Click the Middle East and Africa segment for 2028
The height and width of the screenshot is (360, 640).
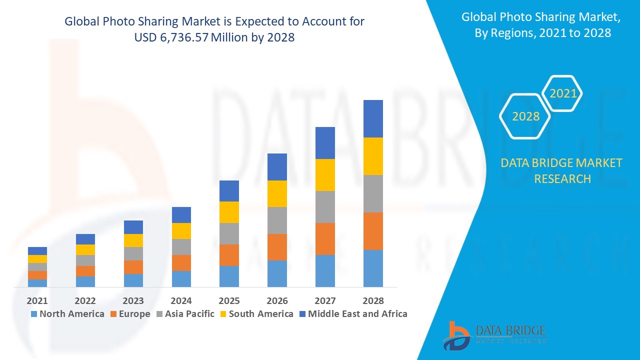pyautogui.click(x=373, y=118)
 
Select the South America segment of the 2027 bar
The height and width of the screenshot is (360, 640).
pyautogui.click(x=325, y=175)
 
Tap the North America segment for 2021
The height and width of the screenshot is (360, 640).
pyautogui.click(x=37, y=283)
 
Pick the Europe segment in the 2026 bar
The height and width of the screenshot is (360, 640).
pyautogui.click(x=277, y=247)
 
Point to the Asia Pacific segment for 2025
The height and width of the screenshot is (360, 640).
pyautogui.click(x=229, y=233)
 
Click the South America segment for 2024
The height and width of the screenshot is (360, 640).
pyautogui.click(x=181, y=231)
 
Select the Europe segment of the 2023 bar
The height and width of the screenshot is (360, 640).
pyautogui.click(x=133, y=267)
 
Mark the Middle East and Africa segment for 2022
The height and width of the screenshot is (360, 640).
pyautogui.click(x=85, y=239)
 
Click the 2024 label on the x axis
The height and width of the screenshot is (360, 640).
pyautogui.click(x=181, y=300)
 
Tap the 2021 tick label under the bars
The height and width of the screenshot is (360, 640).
pyautogui.click(x=37, y=300)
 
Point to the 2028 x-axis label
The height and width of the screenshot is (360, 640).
pyautogui.click(x=373, y=300)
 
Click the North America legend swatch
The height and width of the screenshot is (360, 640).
pyautogui.click(x=34, y=314)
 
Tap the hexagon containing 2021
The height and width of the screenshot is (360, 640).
pyautogui.click(x=563, y=93)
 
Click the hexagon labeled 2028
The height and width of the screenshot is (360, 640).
pyautogui.click(x=525, y=116)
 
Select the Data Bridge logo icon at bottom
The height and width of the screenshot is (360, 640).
pyautogui.click(x=456, y=335)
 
